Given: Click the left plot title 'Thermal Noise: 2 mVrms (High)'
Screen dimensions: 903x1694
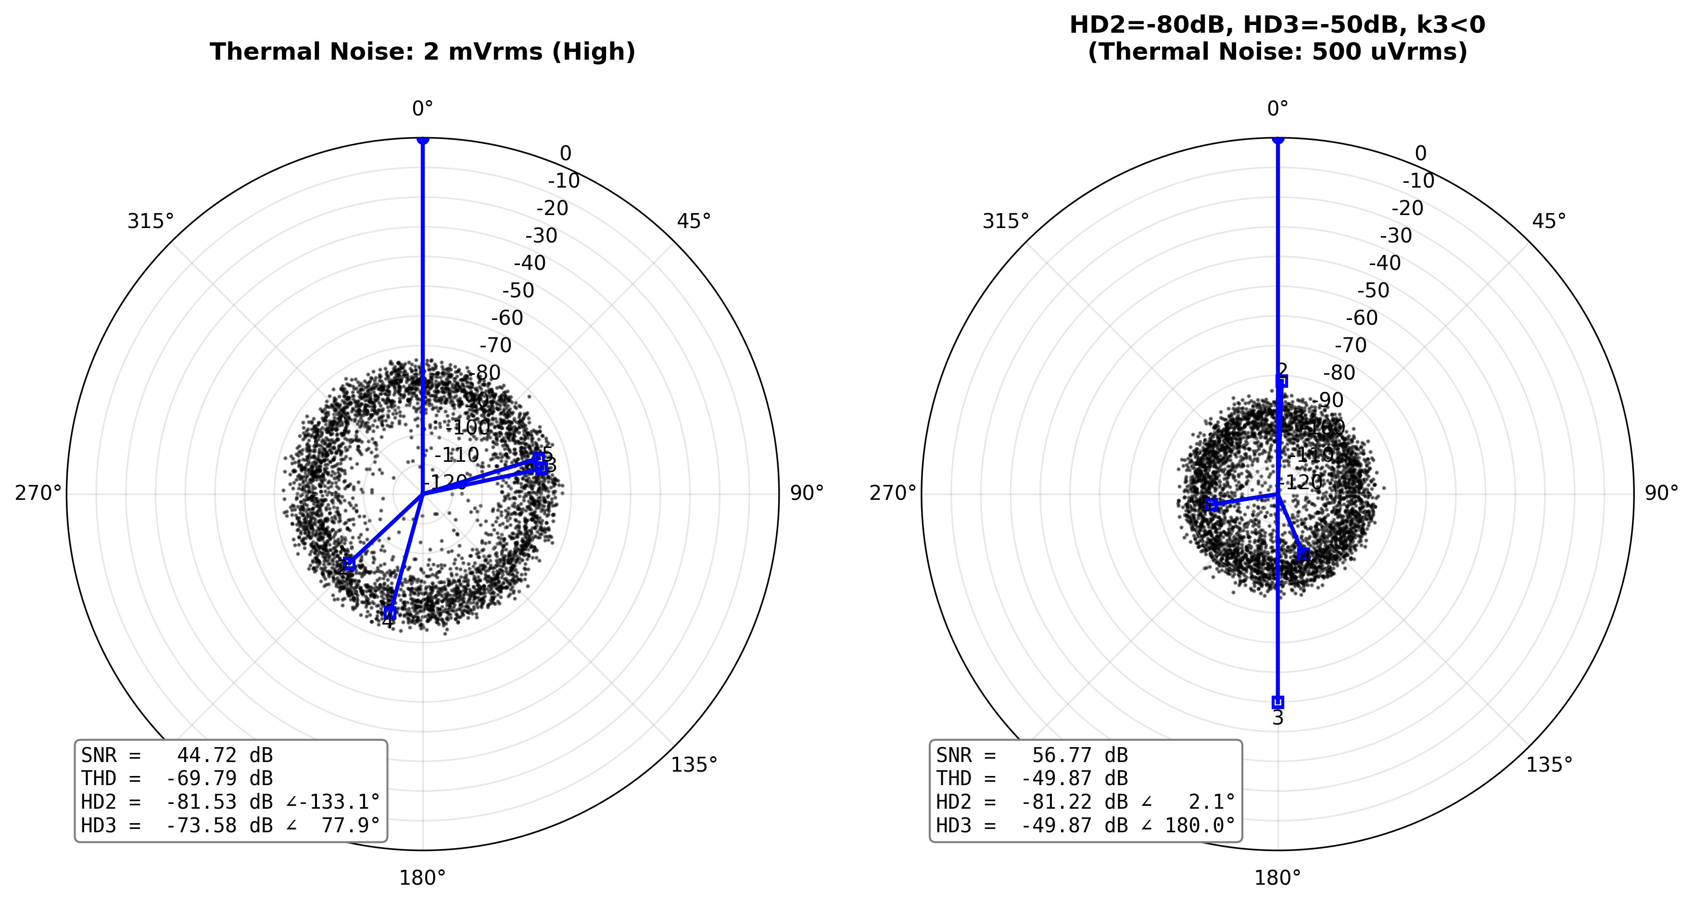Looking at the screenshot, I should point(422,51).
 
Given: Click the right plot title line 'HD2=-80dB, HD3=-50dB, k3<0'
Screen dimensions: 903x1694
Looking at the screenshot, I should point(1277,25).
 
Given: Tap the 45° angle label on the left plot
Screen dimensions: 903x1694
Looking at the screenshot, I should point(694,222).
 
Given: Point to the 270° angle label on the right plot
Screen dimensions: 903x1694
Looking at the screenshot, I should point(892,493).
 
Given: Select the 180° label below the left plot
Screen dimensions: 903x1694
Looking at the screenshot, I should point(422,878).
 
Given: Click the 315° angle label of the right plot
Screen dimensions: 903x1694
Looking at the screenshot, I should point(1006,222).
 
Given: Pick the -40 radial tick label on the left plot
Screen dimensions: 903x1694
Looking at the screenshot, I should point(530,263).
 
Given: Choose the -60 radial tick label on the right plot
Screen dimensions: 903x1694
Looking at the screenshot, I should point(1361,318).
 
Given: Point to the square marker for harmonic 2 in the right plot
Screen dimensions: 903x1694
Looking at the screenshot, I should point(1281,382).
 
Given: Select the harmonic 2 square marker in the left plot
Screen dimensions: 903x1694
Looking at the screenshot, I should point(349,564).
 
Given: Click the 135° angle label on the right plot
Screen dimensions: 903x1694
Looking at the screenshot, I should point(1549,765).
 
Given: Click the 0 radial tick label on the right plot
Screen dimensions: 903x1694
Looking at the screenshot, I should point(1420,154).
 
